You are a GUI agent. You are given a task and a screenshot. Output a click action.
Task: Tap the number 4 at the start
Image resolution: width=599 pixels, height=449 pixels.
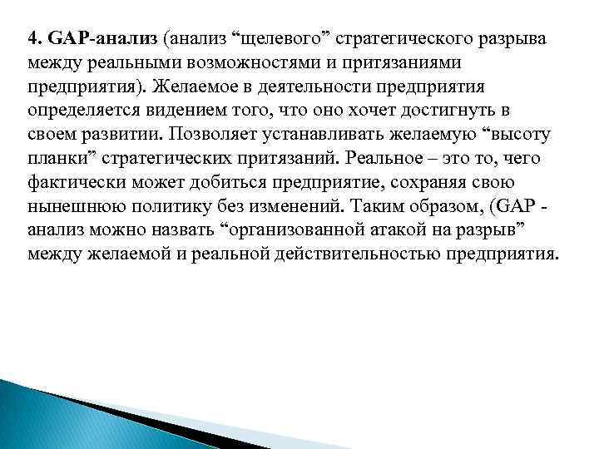[x=33, y=38]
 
